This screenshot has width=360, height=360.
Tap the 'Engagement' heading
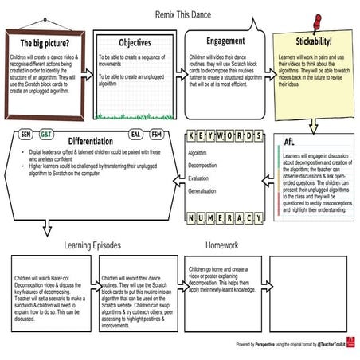pos(225,41)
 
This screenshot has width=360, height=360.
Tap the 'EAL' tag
pos(135,135)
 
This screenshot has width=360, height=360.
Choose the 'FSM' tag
pos(157,135)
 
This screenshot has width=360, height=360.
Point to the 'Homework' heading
pos(221,245)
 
